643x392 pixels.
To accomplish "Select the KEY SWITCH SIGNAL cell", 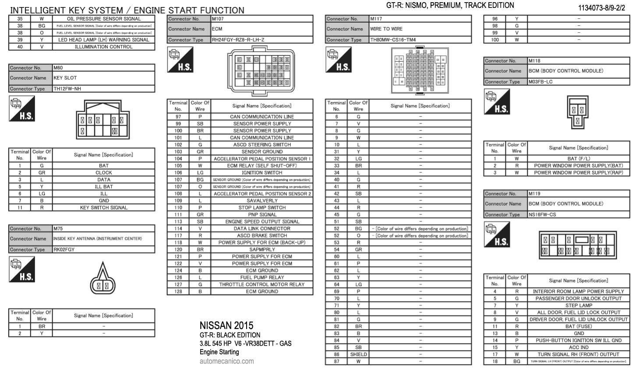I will click(103, 208).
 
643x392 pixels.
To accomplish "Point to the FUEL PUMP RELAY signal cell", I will click(262, 277).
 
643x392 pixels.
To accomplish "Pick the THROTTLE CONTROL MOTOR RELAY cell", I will click(262, 284).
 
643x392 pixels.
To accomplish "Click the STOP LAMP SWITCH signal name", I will click(262, 208).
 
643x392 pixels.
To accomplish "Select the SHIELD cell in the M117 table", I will click(358, 354).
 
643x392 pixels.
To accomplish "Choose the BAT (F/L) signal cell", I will click(578, 159).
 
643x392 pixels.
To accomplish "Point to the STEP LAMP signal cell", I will click(578, 305).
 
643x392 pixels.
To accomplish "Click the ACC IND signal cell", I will click(578, 347).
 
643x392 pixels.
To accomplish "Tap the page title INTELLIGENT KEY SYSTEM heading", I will click(127, 10).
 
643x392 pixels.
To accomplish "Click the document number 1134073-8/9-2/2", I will click(601, 8).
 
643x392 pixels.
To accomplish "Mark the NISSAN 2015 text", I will click(226, 325).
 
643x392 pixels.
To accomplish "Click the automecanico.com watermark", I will click(226, 361).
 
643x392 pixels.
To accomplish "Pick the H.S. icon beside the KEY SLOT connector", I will click(22, 109).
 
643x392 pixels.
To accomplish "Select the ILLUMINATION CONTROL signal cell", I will click(103, 47).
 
